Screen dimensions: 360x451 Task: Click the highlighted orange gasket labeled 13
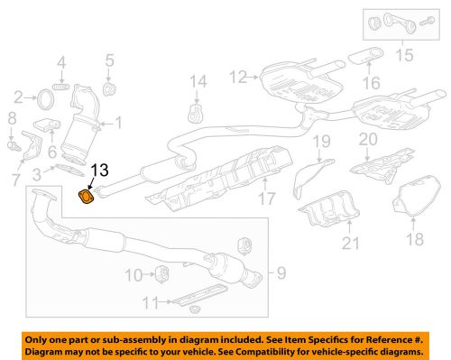(x=85, y=197)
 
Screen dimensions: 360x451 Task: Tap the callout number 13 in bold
(x=101, y=169)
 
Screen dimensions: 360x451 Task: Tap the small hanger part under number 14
(x=192, y=114)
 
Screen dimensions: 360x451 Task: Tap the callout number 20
(x=366, y=139)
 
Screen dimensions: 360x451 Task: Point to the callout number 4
(x=62, y=62)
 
